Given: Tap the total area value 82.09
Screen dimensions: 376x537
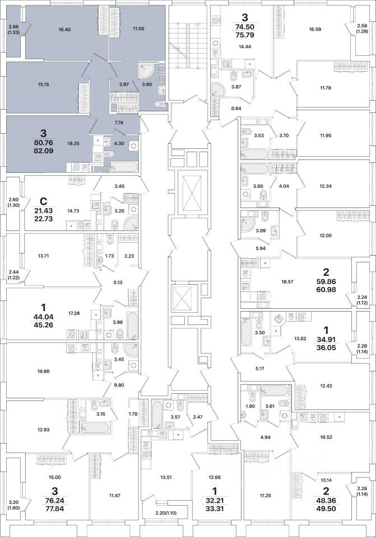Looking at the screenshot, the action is [51, 151].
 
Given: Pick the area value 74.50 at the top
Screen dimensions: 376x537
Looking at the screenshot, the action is [244, 29].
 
